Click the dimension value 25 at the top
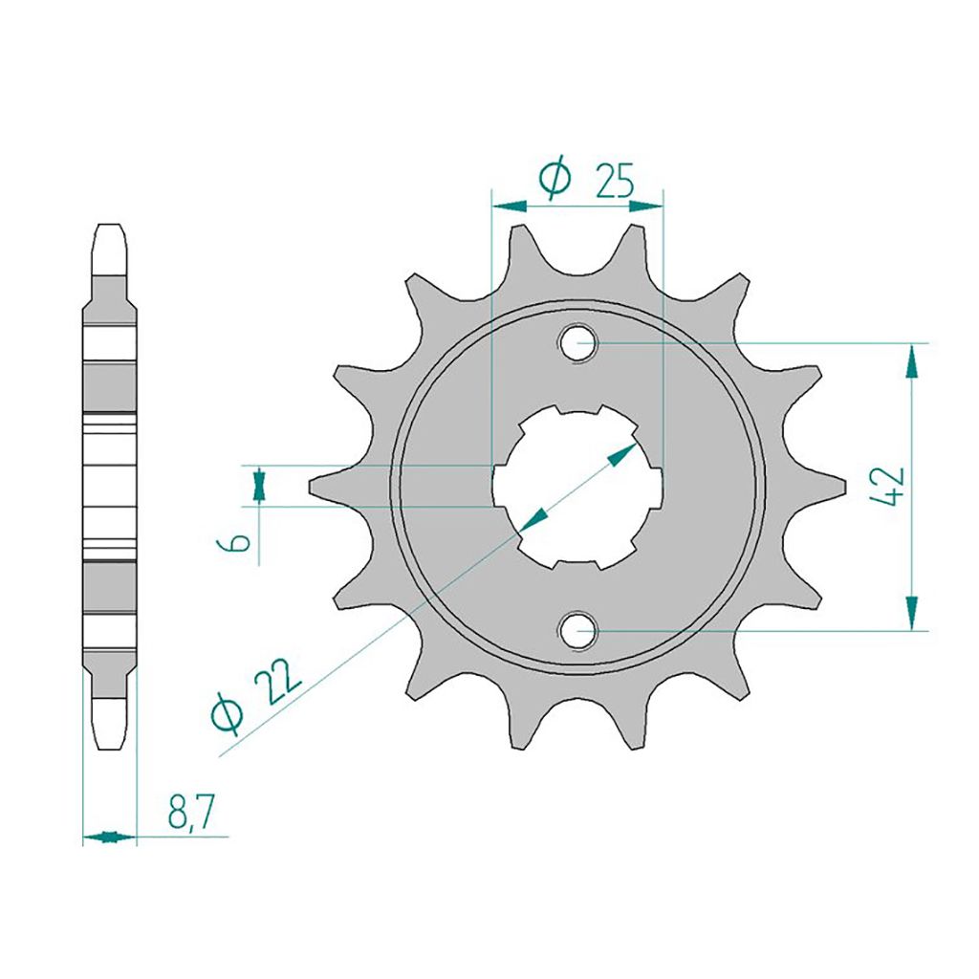tap(615, 181)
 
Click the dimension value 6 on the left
tap(233, 543)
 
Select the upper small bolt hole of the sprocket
tap(578, 343)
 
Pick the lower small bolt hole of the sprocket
tap(578, 631)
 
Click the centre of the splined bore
tap(577, 487)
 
